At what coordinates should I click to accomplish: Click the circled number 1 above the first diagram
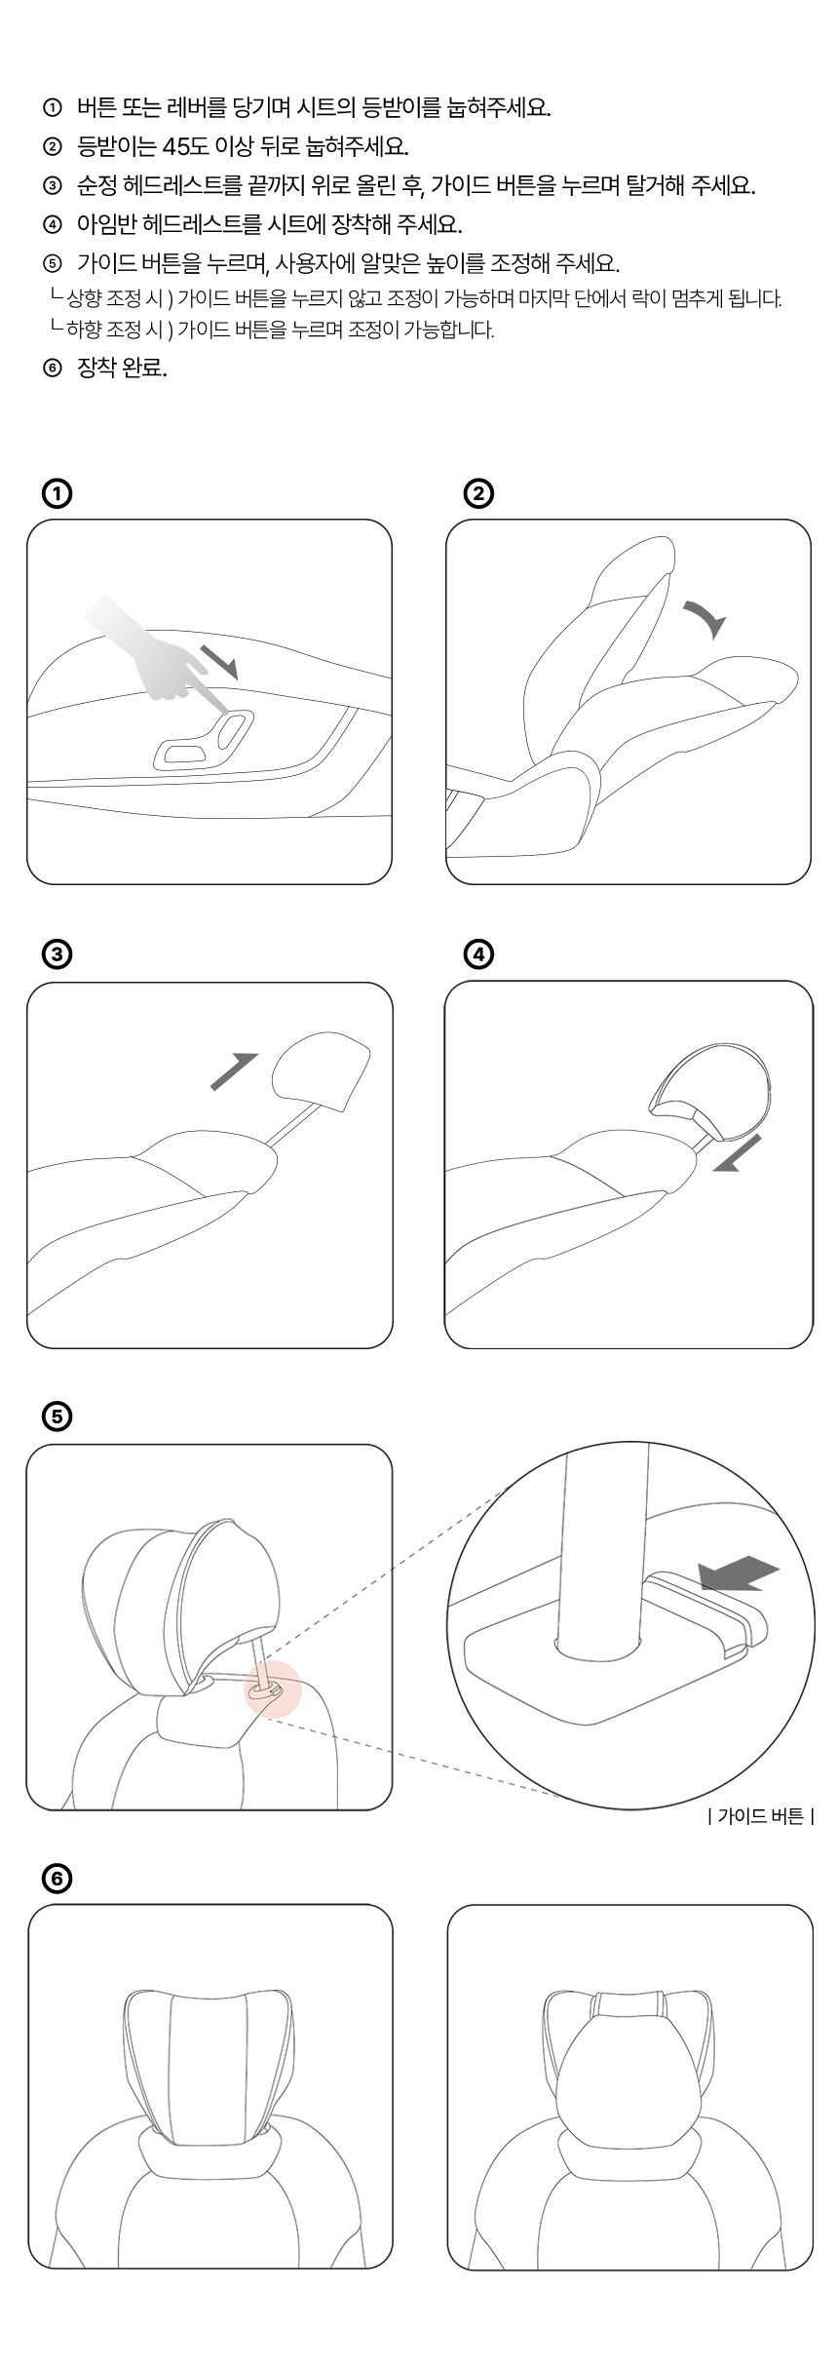pyautogui.click(x=57, y=494)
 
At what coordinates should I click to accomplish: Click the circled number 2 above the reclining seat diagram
pyautogui.click(x=477, y=494)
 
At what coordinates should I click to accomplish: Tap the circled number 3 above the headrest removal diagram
pyautogui.click(x=57, y=955)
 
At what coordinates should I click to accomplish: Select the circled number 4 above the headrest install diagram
pyautogui.click(x=477, y=955)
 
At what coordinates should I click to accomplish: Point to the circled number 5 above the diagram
pyautogui.click(x=57, y=1417)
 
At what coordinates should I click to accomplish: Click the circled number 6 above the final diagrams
pyautogui.click(x=57, y=1878)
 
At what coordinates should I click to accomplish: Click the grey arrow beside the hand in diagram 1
pyautogui.click(x=219, y=660)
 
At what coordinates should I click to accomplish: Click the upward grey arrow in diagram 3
pyautogui.click(x=235, y=1071)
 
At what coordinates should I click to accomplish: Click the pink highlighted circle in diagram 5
pyautogui.click(x=273, y=1689)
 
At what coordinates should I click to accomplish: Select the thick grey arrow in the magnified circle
pyautogui.click(x=740, y=1572)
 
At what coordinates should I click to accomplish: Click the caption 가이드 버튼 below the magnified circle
pyautogui.click(x=761, y=1816)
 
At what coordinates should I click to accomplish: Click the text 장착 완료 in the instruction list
pyautogui.click(x=122, y=369)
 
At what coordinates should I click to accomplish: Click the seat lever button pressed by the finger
pyautogui.click(x=233, y=729)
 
